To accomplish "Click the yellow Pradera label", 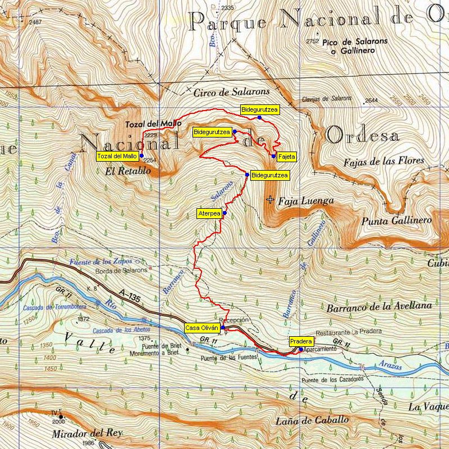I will pos(300,341).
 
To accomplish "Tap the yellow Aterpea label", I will pos(208,213).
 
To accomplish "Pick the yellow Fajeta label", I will pos(286,157).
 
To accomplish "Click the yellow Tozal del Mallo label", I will pos(117,155).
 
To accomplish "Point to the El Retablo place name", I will pos(127,171).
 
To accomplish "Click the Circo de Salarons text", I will pos(232,91).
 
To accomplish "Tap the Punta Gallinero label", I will pos(396,221).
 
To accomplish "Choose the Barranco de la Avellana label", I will pos(379,306).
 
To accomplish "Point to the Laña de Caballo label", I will pos(312,420).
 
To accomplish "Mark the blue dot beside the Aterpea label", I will pos(224,213).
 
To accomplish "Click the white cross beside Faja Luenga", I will pos(271,199).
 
